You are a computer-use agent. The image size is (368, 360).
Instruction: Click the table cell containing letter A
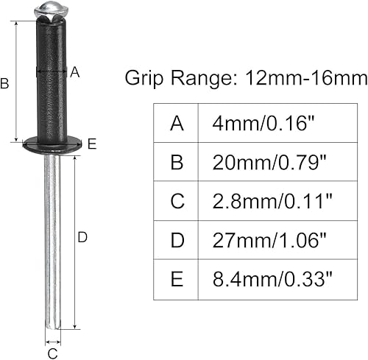[x=177, y=123]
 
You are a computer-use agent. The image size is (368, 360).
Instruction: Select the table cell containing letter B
[x=177, y=162]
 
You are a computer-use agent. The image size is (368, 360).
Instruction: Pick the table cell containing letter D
[x=177, y=239]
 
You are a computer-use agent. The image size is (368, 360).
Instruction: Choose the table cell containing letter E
[x=177, y=278]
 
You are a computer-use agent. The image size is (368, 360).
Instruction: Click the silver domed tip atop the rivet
[x=46, y=10]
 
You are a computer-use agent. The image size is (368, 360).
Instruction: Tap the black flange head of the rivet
[x=50, y=144]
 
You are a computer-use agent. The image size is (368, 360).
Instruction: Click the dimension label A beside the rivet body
[x=74, y=72]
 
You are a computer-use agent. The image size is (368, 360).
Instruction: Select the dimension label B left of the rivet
[x=5, y=84]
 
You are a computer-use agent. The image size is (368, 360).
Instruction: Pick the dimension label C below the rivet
[x=52, y=353]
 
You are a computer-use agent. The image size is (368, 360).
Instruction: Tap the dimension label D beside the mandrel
[x=82, y=237]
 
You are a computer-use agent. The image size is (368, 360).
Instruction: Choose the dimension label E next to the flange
[x=91, y=144]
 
